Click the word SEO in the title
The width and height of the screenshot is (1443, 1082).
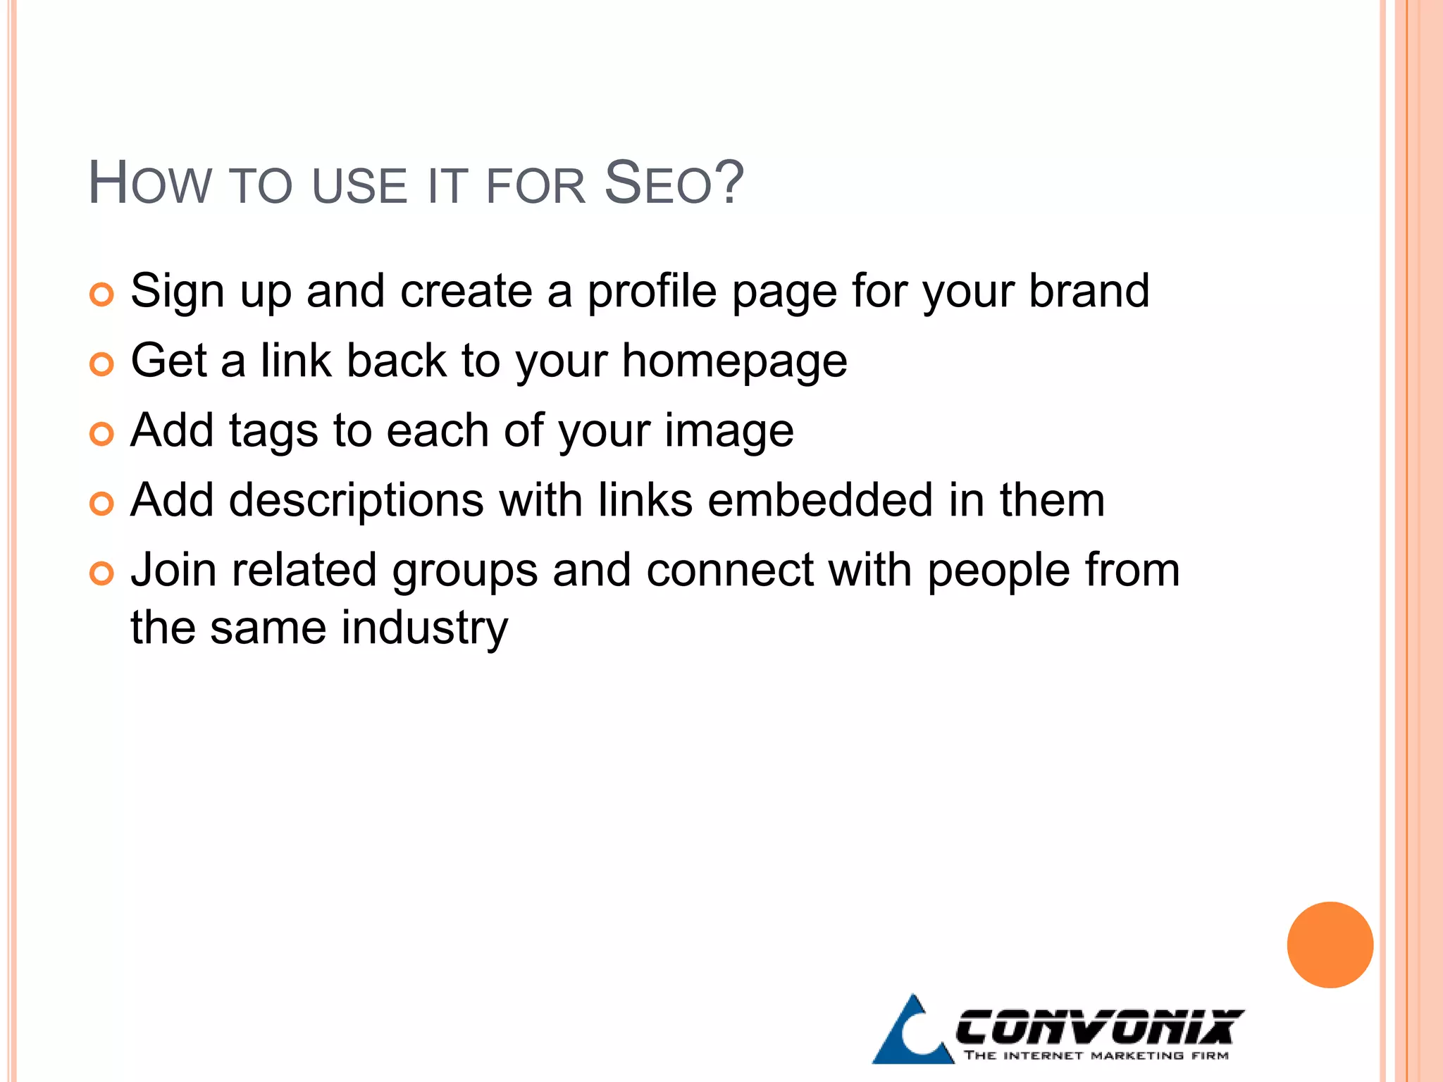674,184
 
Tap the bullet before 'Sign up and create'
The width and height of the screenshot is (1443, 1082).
102,294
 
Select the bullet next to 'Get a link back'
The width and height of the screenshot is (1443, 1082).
102,364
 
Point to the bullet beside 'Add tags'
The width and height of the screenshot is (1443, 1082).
102,434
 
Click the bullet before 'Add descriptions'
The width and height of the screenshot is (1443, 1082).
102,504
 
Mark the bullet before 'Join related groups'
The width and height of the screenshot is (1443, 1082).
102,573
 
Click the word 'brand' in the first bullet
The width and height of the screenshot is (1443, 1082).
1089,291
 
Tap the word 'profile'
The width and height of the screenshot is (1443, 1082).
652,291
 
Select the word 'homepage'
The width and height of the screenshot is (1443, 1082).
734,361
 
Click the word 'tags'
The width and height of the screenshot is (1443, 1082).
273,431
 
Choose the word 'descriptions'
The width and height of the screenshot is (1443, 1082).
357,500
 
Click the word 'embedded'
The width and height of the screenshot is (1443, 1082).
820,500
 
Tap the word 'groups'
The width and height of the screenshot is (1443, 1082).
465,571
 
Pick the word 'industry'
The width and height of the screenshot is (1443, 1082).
425,628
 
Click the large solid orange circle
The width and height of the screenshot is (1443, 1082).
1330,945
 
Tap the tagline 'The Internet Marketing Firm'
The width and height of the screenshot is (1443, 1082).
1096,1055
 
